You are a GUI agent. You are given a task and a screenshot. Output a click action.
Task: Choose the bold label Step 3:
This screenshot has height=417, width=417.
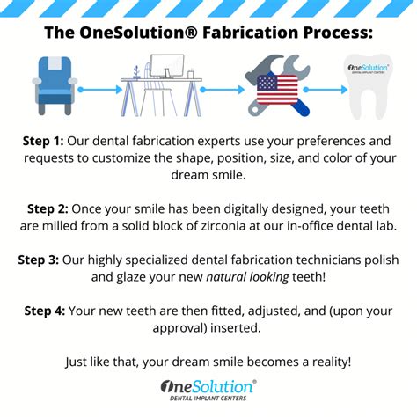point(41,260)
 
